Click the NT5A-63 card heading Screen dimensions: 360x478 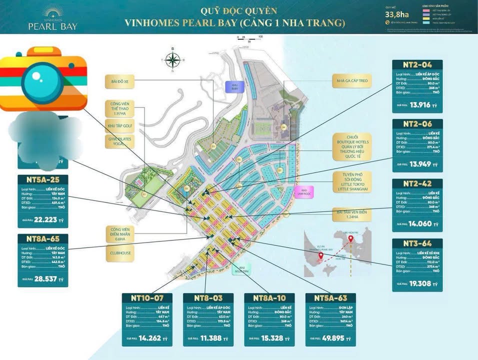pyautogui.click(x=330, y=298)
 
